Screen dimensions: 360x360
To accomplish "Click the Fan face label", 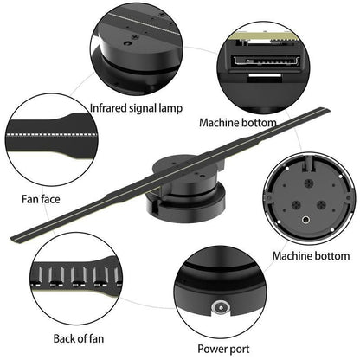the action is tap(41, 199).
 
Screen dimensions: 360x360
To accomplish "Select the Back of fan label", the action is tap(79, 338).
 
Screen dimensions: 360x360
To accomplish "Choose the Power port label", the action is tap(223, 349).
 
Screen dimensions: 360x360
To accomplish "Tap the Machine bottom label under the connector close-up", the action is tap(238, 123).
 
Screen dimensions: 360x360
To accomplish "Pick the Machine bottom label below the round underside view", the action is tap(311, 256).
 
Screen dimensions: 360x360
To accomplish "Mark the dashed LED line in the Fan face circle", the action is tap(51, 134).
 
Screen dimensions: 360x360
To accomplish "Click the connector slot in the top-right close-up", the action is tap(267, 61).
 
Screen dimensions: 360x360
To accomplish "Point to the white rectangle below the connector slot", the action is tap(265, 75).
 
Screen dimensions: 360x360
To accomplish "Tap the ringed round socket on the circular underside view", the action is tap(305, 221).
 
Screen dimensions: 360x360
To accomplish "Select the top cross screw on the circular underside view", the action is tap(309, 183).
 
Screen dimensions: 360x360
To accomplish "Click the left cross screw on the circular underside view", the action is tap(296, 205).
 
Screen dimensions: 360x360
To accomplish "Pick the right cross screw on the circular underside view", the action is tap(321, 205).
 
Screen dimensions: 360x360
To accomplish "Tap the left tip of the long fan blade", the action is tap(12, 239).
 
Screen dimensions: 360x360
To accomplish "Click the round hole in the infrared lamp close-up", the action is tap(127, 43).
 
